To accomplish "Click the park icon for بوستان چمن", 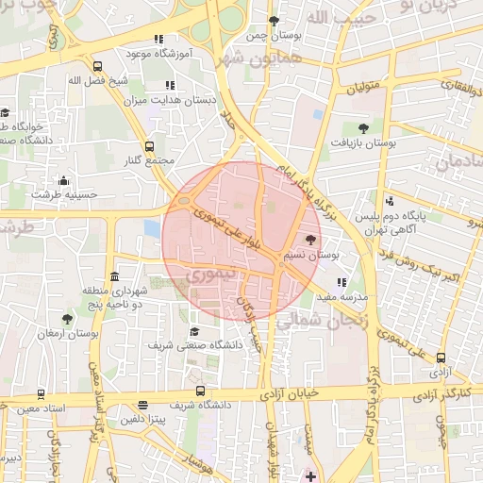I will tap(275, 21).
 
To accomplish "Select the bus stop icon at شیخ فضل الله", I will tap(97, 66).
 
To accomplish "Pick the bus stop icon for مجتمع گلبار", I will tap(149, 146).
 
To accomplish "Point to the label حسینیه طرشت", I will tap(64, 193).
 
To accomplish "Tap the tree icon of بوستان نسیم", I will tap(311, 240).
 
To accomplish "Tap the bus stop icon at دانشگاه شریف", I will tap(199, 391).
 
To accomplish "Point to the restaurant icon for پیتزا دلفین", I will tap(142, 403).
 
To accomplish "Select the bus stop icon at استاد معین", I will tap(39, 393).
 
